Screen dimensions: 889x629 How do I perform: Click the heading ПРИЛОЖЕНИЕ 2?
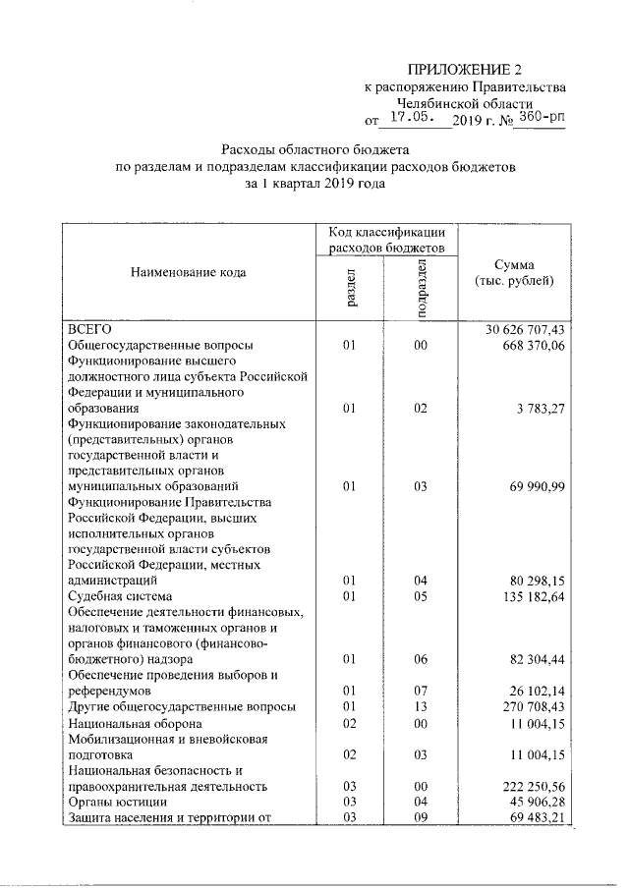click(466, 69)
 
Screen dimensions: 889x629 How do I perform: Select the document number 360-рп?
click(541, 120)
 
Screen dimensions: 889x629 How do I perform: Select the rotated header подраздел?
click(422, 288)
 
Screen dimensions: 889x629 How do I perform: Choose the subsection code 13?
click(421, 706)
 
